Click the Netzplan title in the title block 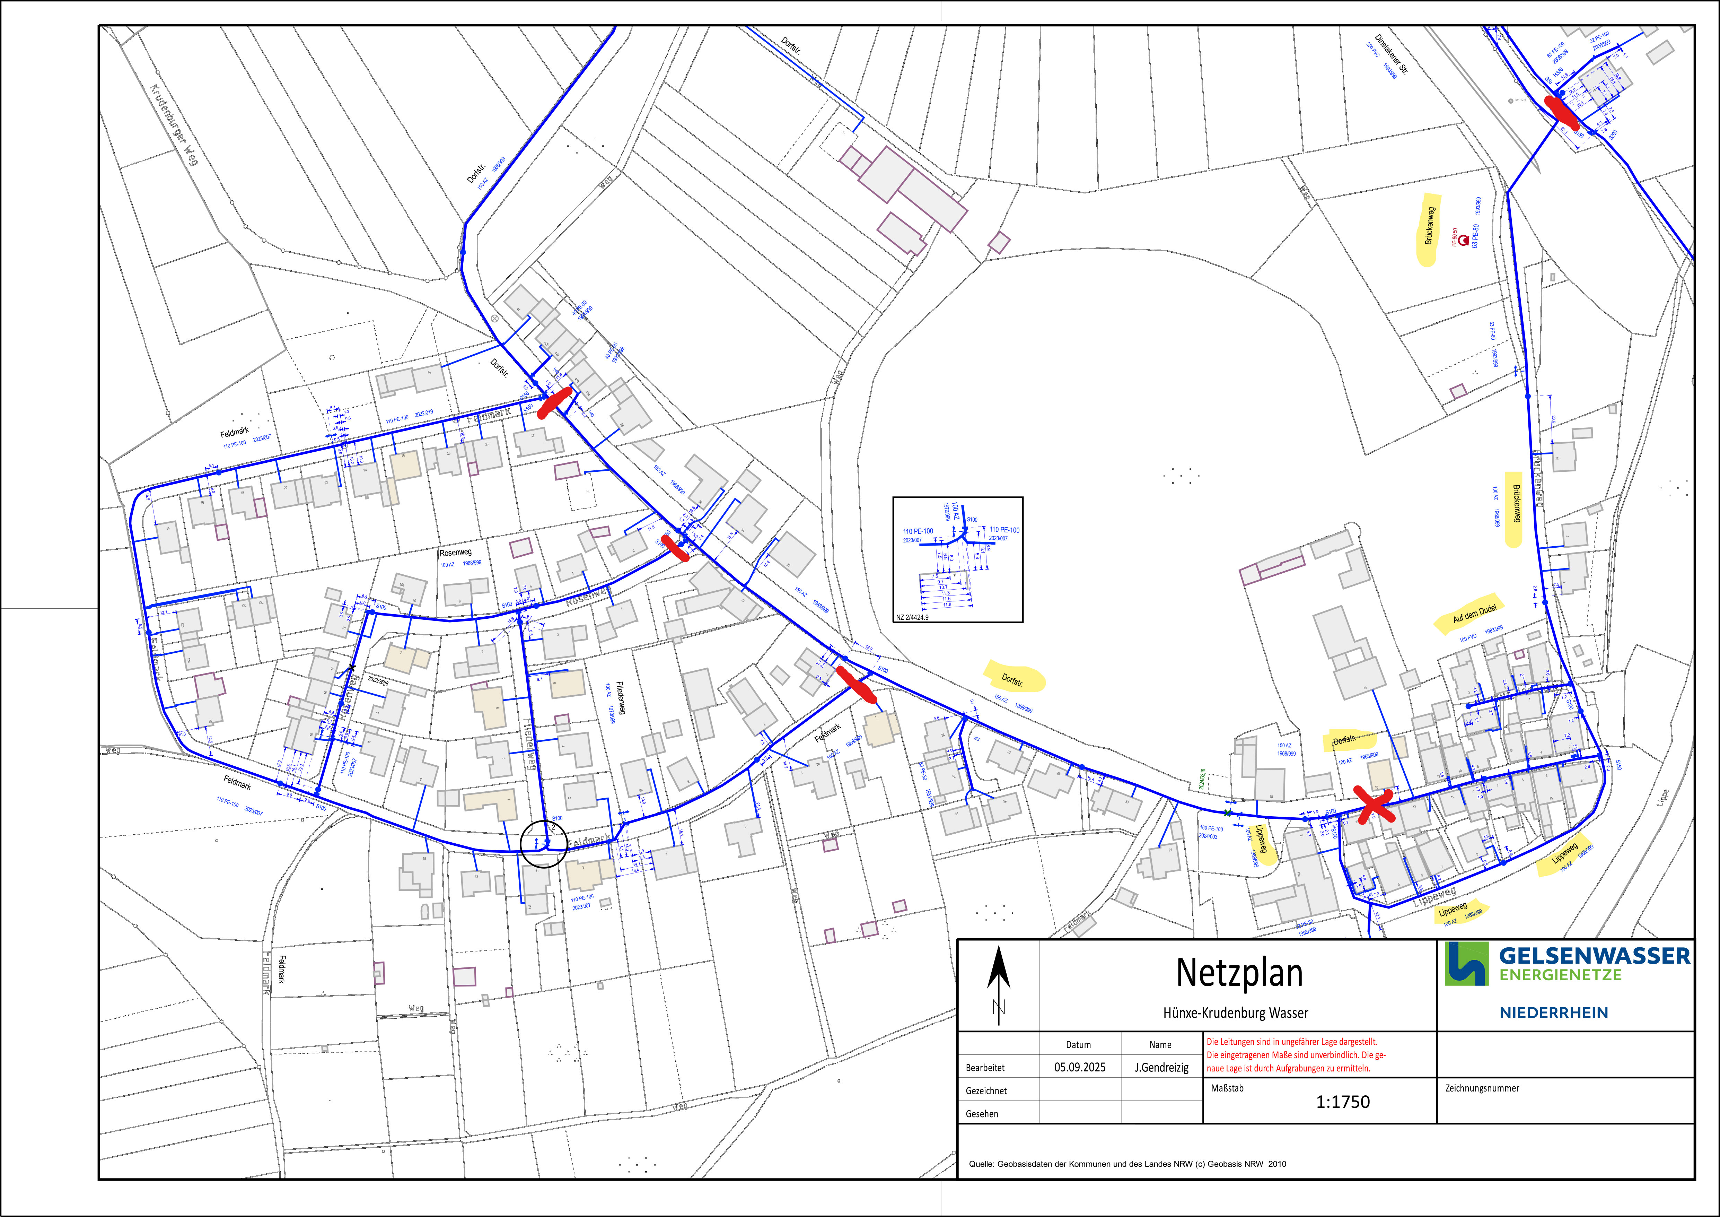1239,973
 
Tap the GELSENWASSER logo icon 1466,964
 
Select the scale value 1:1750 1342,1102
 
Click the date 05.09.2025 1079,1067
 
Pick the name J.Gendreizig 1161,1067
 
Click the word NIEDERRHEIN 1554,1012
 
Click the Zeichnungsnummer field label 1482,1088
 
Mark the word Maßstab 1227,1088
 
